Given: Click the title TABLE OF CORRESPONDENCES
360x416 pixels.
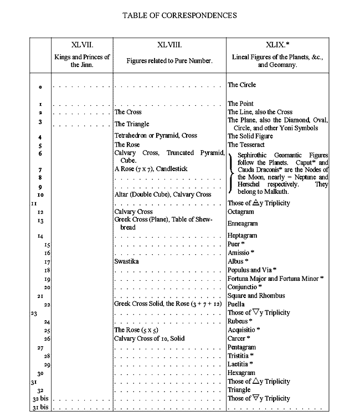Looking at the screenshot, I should (x=179, y=15).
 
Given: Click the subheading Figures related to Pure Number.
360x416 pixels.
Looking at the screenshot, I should (x=169, y=60).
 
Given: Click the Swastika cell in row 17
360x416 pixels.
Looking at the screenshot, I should (x=126, y=260).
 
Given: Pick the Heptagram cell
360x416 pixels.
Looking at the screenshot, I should (x=243, y=235).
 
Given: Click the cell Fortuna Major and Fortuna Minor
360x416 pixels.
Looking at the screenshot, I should (x=275, y=278).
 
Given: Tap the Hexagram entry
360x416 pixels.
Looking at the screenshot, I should (x=242, y=373).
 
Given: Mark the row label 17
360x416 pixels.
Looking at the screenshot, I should (x=47, y=261).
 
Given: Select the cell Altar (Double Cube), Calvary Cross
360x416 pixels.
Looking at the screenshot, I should (x=162, y=194).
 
